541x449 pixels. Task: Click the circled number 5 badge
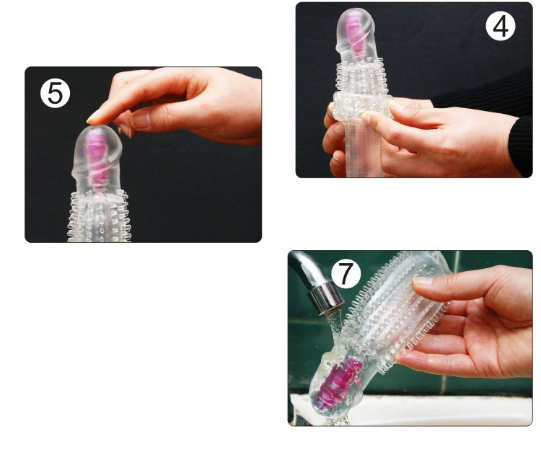(x=56, y=93)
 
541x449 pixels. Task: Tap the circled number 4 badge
(x=501, y=27)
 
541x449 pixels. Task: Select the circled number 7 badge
(x=346, y=274)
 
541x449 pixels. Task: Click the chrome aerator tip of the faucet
(x=325, y=298)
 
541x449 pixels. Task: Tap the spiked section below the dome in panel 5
(x=99, y=216)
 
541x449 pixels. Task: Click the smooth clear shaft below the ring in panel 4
(x=363, y=148)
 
